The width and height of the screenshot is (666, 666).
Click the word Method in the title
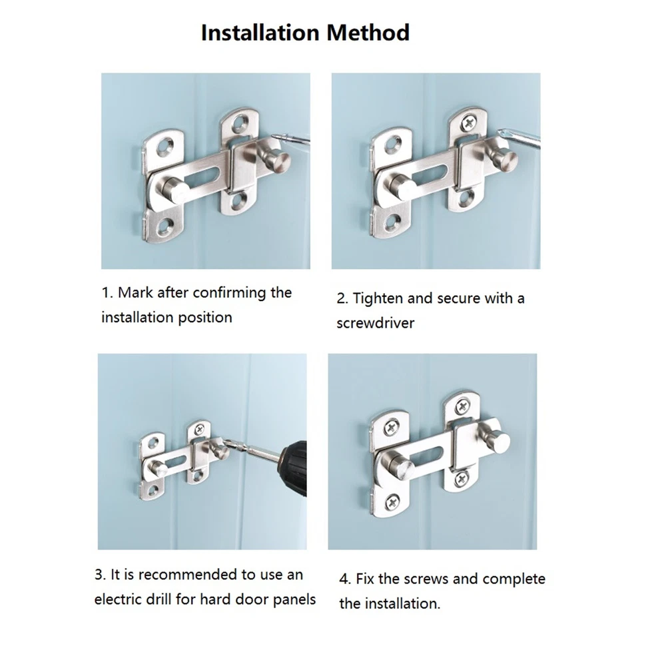(x=368, y=33)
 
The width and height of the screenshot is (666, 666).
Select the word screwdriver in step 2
(x=375, y=323)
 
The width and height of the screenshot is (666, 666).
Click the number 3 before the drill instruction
(x=99, y=575)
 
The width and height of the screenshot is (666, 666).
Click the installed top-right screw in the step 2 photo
(x=470, y=123)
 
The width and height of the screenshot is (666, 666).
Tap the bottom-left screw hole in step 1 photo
(x=164, y=224)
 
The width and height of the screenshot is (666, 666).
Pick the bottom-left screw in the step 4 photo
(x=392, y=503)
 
